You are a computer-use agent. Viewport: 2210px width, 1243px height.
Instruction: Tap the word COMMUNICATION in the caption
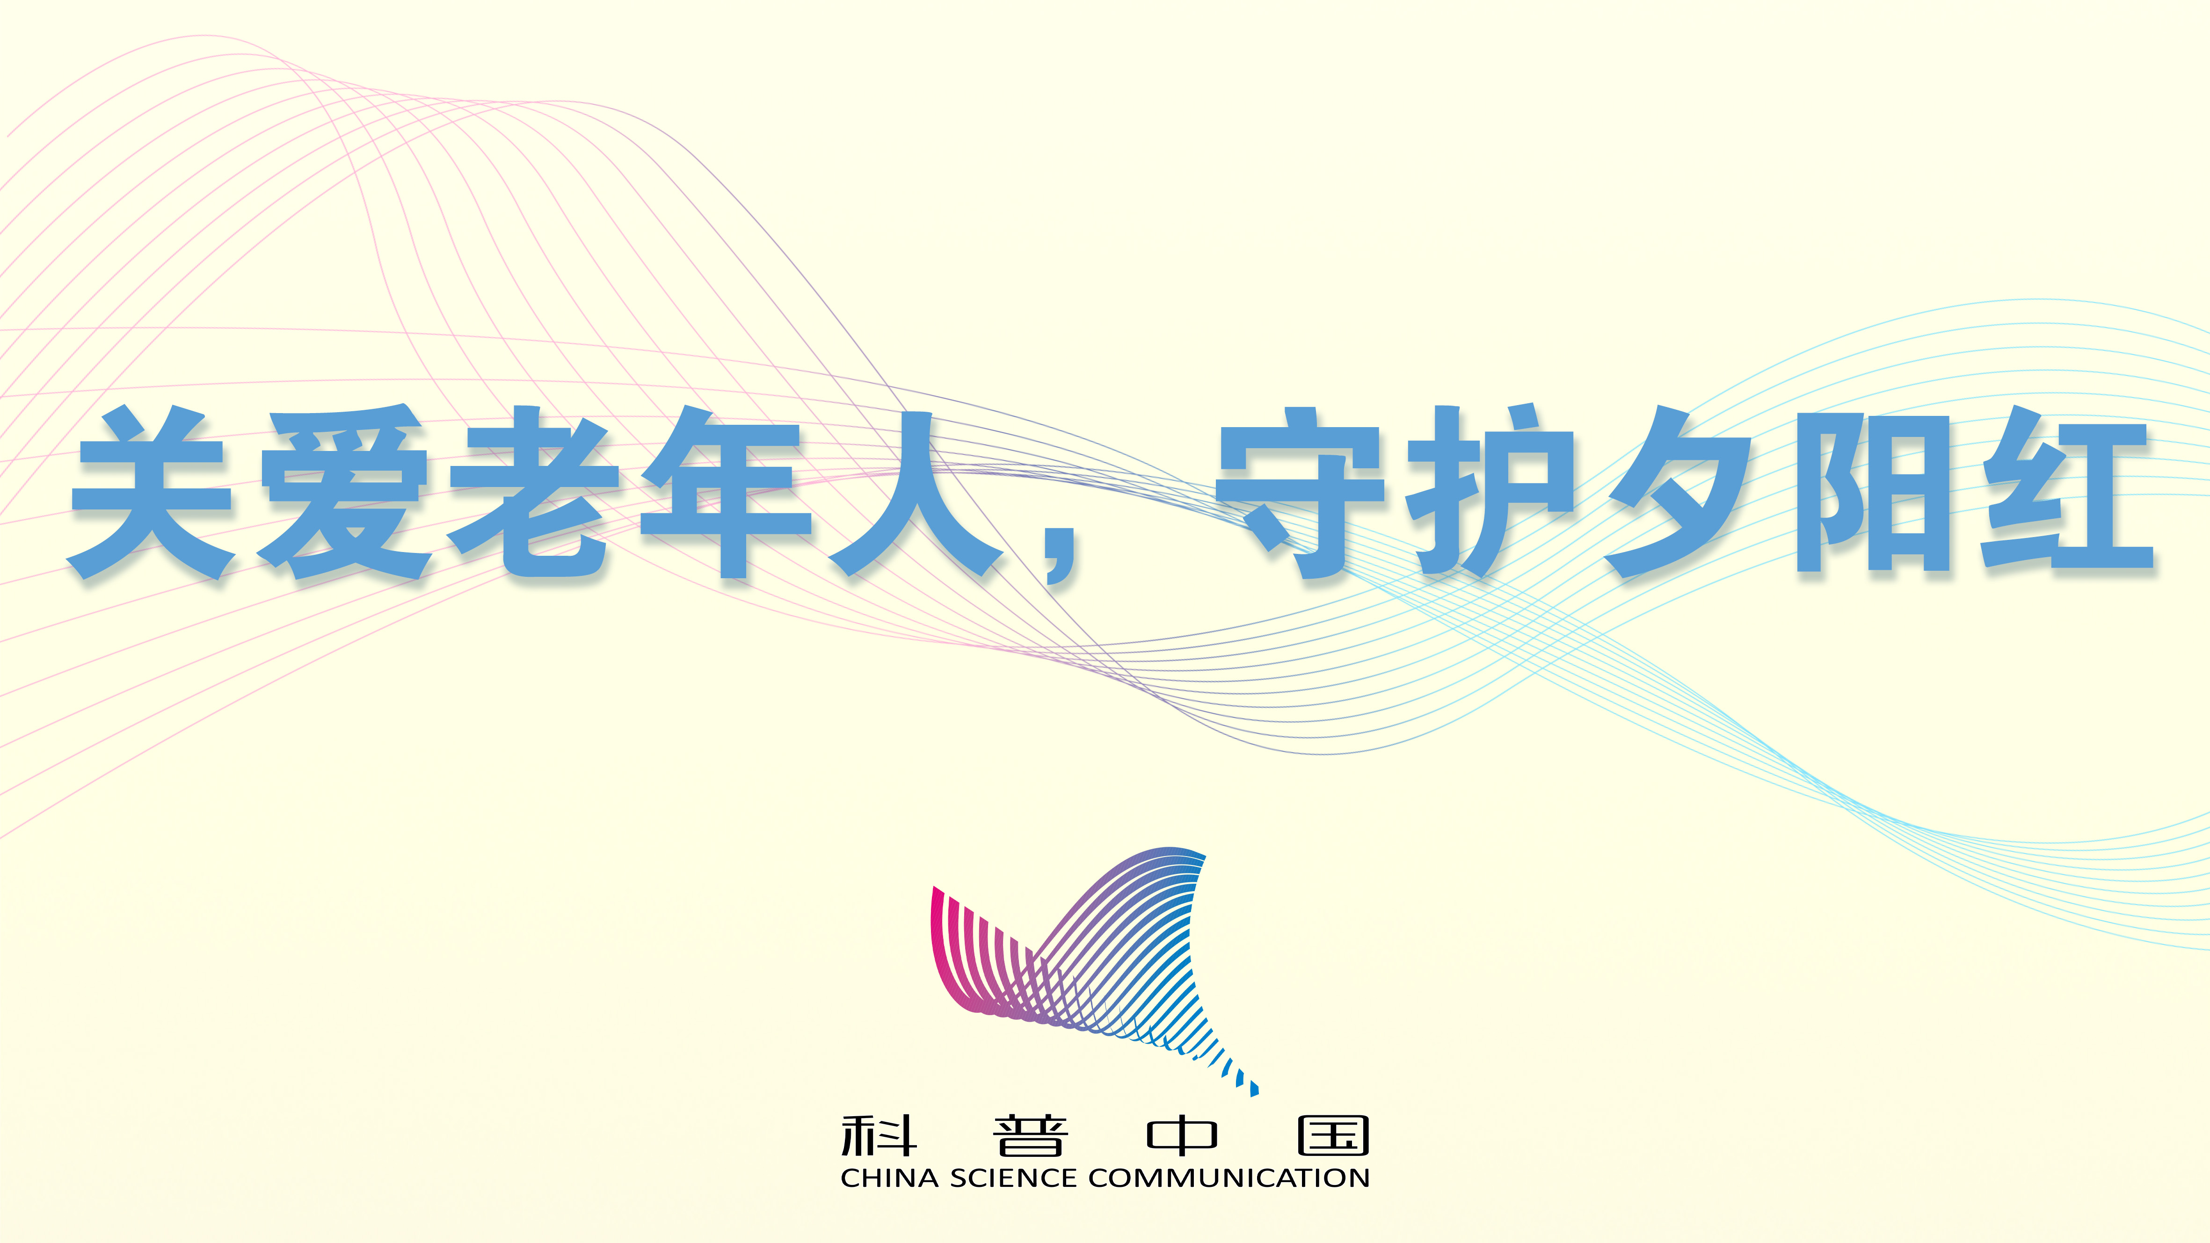point(1229,1178)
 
